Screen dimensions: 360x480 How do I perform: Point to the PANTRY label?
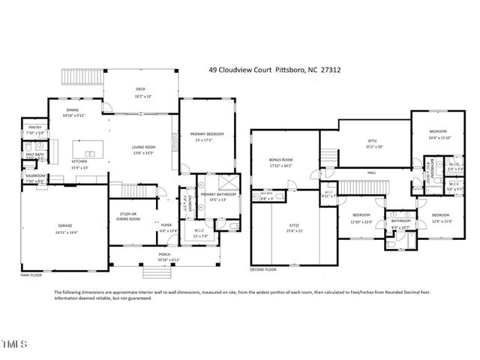tap(35, 128)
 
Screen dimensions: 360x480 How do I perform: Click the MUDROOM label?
tap(35, 177)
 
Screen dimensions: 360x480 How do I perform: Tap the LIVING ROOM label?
tap(143, 147)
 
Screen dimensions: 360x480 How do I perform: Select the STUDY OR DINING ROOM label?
tap(130, 217)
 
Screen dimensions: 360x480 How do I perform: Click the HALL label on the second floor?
tap(371, 172)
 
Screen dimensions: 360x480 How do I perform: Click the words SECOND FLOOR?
tap(264, 268)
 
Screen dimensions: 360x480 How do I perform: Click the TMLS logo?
tap(14, 346)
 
